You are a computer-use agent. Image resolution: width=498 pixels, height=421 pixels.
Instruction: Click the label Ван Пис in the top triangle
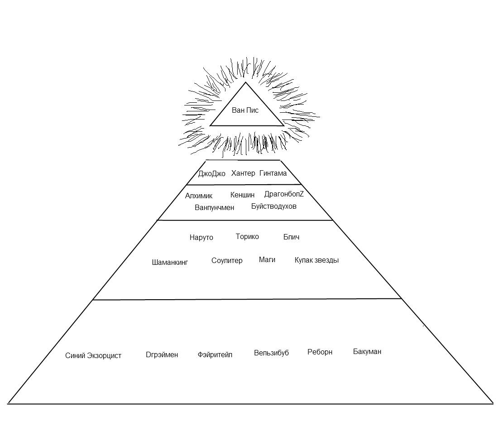coord(245,110)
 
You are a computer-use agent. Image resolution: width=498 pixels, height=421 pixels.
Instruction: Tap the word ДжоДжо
coord(211,174)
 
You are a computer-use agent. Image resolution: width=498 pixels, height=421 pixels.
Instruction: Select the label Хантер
coord(243,173)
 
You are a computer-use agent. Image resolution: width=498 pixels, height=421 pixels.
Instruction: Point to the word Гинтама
coord(273,173)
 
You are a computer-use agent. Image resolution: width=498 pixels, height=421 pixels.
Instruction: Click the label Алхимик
coord(199,196)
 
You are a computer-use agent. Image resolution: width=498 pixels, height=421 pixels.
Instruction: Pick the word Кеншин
coord(242,195)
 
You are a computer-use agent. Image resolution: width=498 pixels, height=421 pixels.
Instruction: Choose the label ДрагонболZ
coord(284,194)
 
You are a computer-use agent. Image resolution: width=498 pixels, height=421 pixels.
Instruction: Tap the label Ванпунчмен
coord(215,207)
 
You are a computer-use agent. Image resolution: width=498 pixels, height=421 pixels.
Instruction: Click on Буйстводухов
coord(274,206)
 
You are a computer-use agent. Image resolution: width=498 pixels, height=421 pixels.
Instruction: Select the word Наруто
coord(201,237)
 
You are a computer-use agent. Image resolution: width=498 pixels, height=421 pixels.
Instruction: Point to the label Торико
coord(247,236)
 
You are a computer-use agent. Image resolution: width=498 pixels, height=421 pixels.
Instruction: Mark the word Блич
coord(291,237)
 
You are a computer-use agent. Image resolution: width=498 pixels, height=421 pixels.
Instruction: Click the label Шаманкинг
coord(170,262)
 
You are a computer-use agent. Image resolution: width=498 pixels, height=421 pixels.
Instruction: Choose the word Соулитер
coord(227,260)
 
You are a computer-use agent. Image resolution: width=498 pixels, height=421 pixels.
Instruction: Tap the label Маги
coord(267,259)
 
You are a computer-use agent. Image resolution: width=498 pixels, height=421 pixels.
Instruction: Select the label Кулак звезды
coord(316,260)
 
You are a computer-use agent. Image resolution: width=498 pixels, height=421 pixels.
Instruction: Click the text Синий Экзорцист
coord(93,355)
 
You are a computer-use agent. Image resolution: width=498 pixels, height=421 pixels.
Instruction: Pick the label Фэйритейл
coord(215,354)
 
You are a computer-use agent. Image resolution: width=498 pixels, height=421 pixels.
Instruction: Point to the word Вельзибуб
coord(271,353)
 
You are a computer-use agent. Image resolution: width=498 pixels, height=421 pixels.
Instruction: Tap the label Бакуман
coord(367,351)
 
